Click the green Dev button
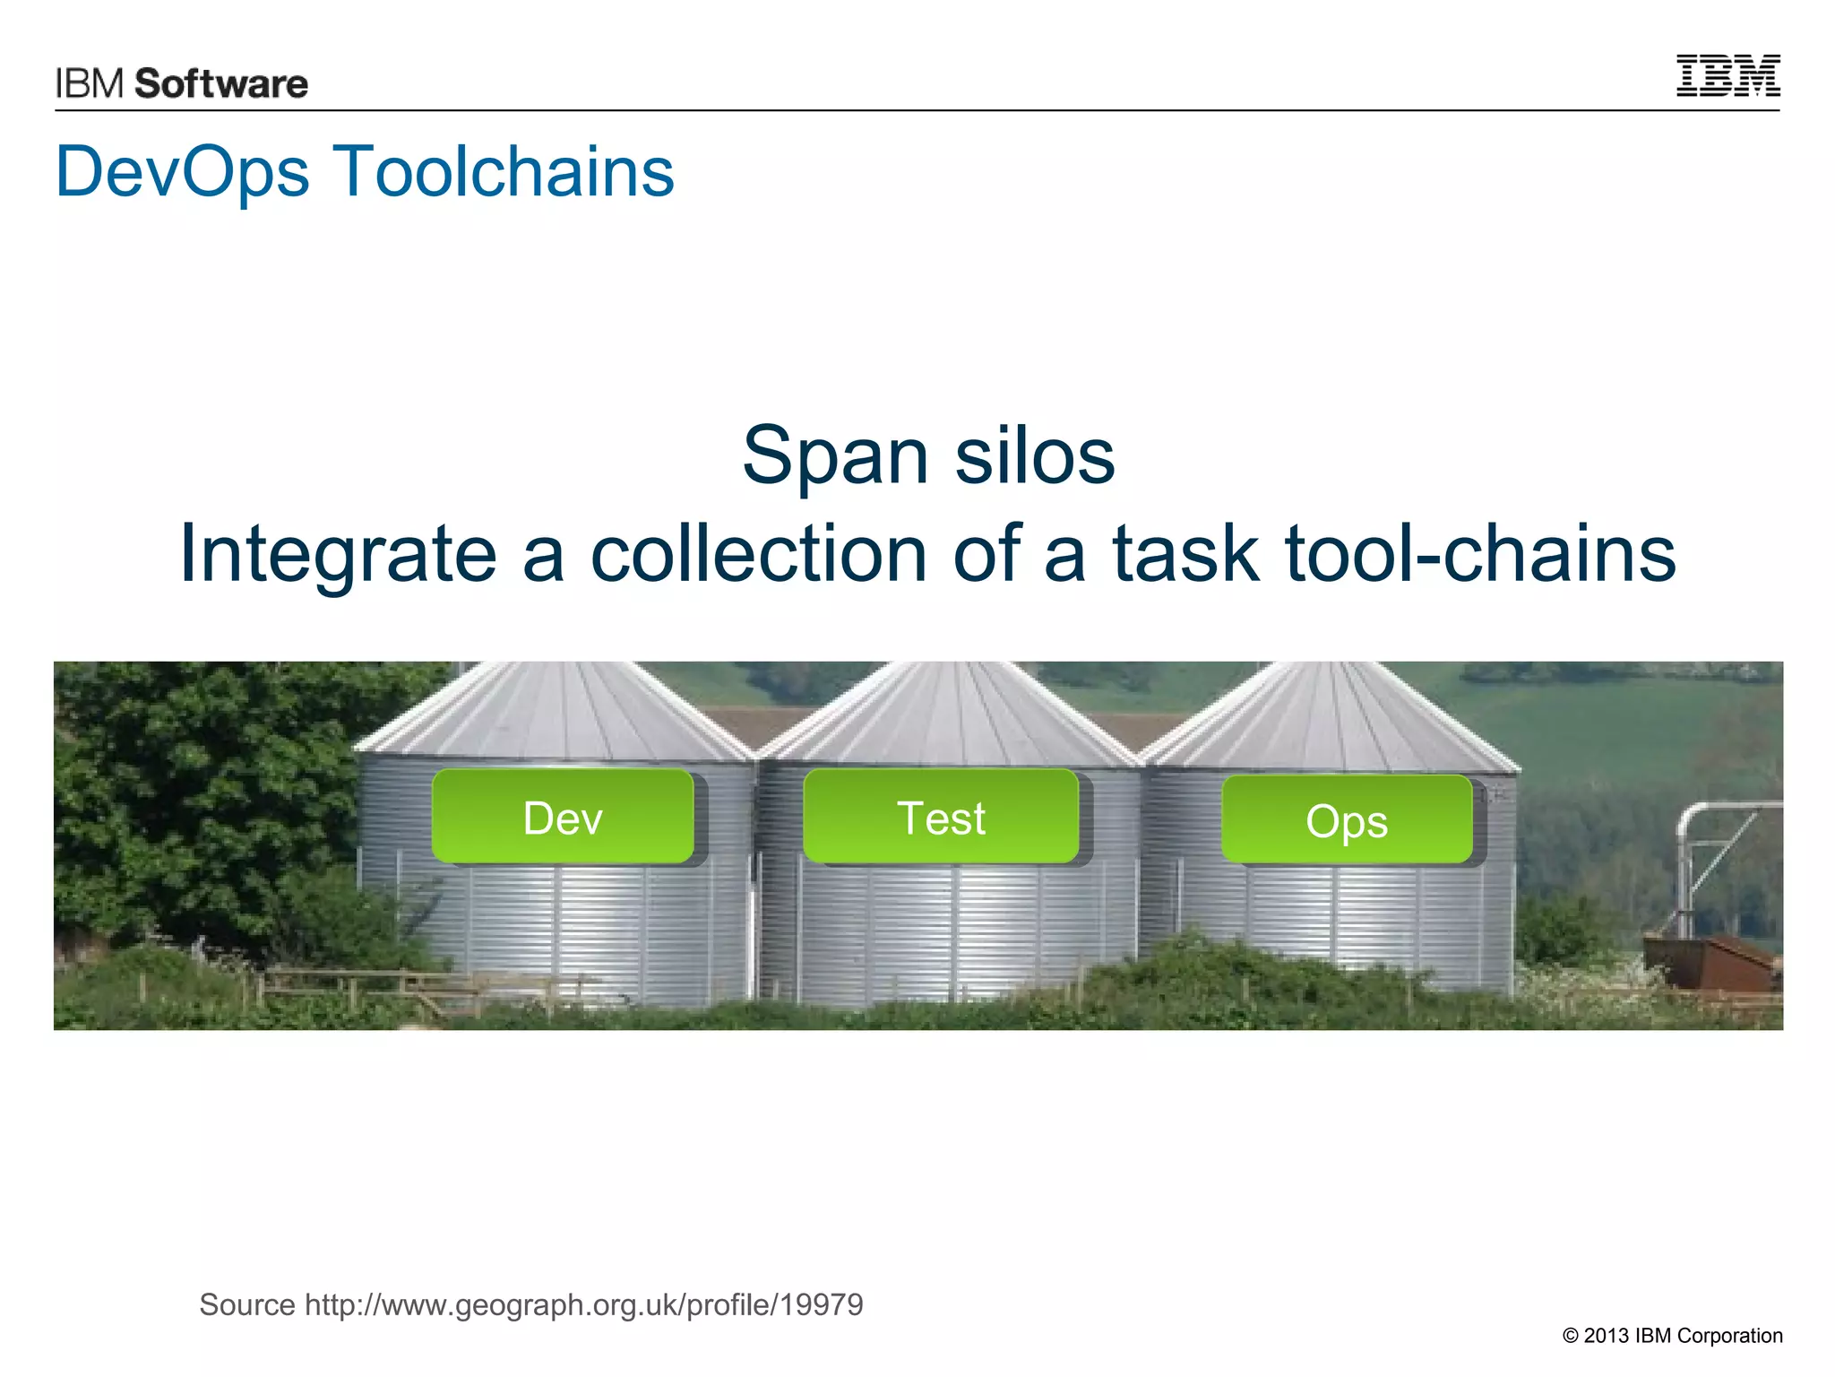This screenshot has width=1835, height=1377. (x=563, y=817)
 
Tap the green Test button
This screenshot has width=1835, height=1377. (x=941, y=817)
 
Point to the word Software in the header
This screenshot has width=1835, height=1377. (x=221, y=84)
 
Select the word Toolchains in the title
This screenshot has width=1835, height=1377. (x=504, y=172)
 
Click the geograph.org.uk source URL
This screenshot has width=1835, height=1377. (x=584, y=1304)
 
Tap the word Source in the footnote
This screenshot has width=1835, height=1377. (x=247, y=1304)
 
